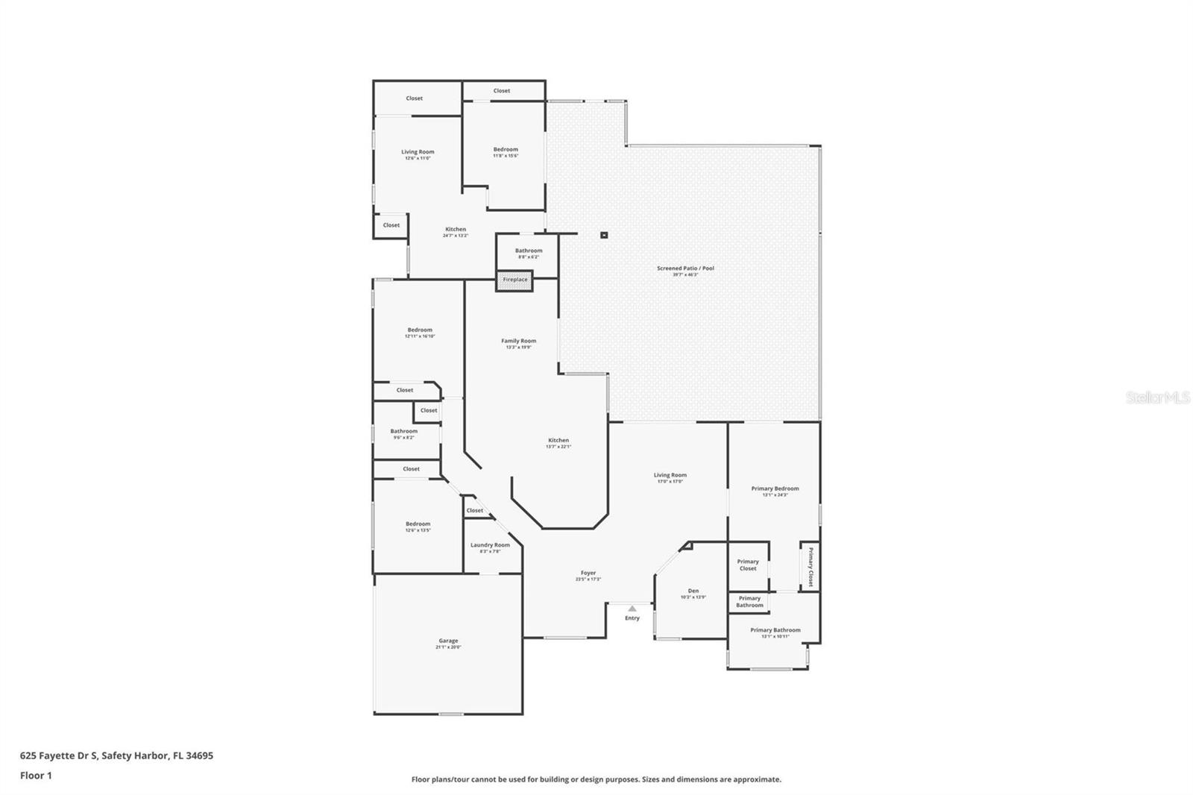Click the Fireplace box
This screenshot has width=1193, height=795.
(x=515, y=280)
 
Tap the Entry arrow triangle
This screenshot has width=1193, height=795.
(x=632, y=609)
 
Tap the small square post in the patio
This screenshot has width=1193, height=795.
(x=605, y=235)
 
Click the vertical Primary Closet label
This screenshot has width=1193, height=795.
(x=810, y=568)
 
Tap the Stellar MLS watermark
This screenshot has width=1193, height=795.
(x=1157, y=398)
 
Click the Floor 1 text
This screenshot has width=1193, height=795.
(x=36, y=776)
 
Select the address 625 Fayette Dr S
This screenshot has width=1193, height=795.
(x=59, y=755)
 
